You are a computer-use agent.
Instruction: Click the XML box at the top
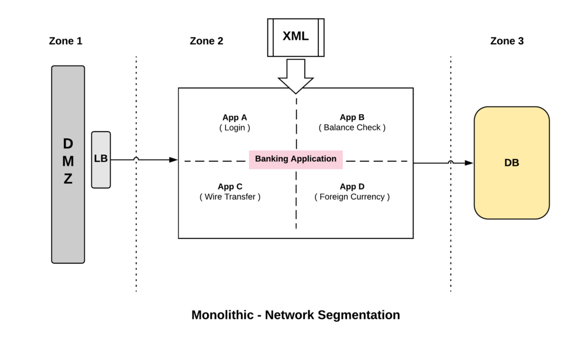click(295, 37)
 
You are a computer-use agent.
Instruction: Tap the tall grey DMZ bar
click(68, 224)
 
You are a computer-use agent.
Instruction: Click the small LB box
click(101, 159)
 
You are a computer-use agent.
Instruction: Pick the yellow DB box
click(511, 163)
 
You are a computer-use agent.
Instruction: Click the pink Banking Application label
click(295, 159)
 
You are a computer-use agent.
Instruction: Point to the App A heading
click(234, 118)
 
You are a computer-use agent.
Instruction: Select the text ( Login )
click(234, 128)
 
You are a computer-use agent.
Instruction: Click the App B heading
click(352, 118)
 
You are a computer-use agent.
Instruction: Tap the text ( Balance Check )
click(352, 128)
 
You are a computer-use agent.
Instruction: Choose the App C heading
click(230, 187)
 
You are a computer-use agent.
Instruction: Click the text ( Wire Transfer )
click(230, 197)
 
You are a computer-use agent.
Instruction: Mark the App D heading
click(352, 187)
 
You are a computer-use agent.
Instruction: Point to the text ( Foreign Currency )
click(352, 197)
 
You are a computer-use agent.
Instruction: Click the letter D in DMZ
click(68, 144)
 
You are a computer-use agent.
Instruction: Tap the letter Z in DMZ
click(68, 180)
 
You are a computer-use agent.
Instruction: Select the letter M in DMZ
click(68, 162)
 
